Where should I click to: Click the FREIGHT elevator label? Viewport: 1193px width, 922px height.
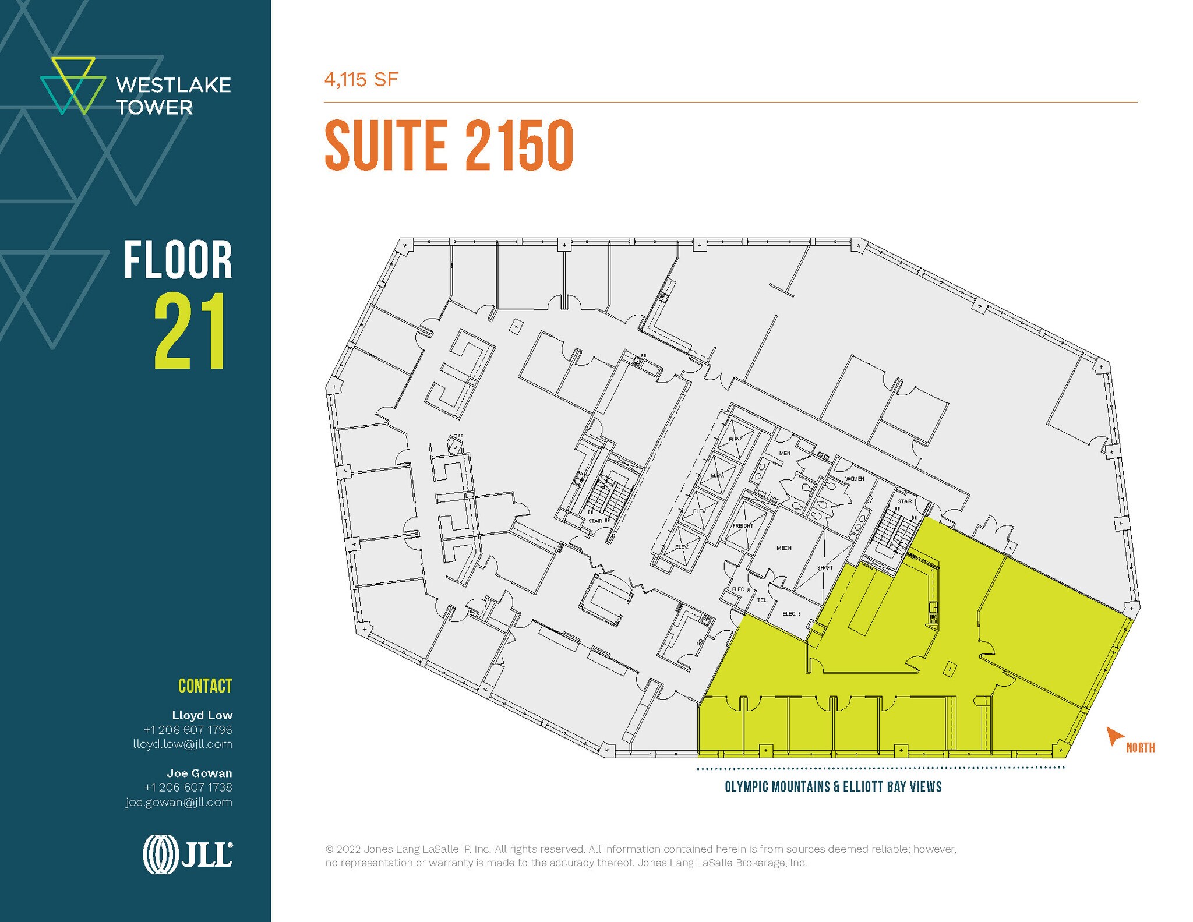pyautogui.click(x=743, y=525)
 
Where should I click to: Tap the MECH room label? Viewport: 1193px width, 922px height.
pyautogui.click(x=783, y=548)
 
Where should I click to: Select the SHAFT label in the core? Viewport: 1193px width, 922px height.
pyautogui.click(x=825, y=567)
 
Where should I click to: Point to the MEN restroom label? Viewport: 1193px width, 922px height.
pyautogui.click(x=785, y=453)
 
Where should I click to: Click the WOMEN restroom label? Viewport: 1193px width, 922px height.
pyautogui.click(x=854, y=479)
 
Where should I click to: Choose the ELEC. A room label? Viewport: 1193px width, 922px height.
pyautogui.click(x=741, y=589)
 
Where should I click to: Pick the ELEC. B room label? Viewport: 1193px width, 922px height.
pyautogui.click(x=791, y=614)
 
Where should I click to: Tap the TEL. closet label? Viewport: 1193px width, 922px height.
pyautogui.click(x=762, y=600)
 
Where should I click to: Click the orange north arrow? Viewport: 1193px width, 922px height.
pyautogui.click(x=1114, y=736)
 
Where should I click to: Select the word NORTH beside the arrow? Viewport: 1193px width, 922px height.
pyautogui.click(x=1140, y=748)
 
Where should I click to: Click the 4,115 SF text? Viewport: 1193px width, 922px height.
pyautogui.click(x=361, y=80)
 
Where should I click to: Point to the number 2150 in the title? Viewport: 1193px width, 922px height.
pyautogui.click(x=519, y=146)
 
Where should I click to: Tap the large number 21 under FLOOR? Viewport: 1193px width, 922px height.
pyautogui.click(x=190, y=331)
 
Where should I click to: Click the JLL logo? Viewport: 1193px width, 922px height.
pyautogui.click(x=188, y=854)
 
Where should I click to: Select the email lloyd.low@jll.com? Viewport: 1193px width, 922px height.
pyautogui.click(x=182, y=744)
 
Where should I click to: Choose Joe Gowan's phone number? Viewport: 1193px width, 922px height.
pyautogui.click(x=188, y=787)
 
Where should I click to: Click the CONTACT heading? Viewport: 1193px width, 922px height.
pyautogui.click(x=205, y=686)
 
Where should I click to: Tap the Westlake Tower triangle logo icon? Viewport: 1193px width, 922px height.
pyautogui.click(x=73, y=86)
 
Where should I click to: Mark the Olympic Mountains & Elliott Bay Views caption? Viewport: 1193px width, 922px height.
pyautogui.click(x=833, y=787)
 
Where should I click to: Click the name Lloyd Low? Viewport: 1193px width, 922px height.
pyautogui.click(x=202, y=715)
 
